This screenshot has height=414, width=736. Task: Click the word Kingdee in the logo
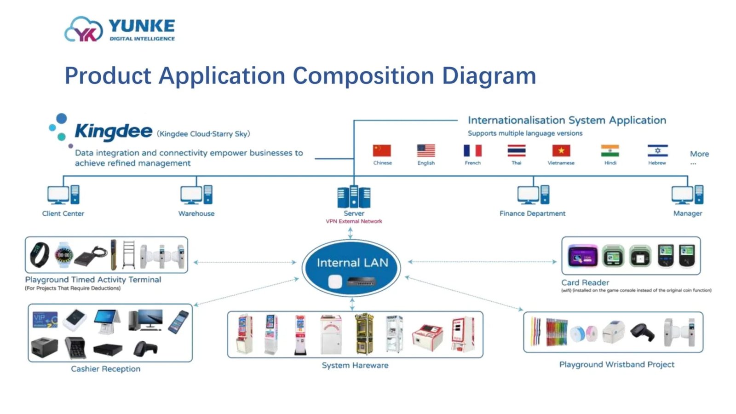(x=113, y=132)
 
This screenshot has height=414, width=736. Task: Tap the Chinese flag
(x=382, y=150)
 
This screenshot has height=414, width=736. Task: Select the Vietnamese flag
(x=561, y=150)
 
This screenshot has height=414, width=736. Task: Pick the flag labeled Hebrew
(x=657, y=150)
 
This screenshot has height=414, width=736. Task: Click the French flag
(x=472, y=150)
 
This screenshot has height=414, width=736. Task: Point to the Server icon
(x=354, y=196)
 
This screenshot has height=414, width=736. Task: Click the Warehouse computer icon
(x=196, y=195)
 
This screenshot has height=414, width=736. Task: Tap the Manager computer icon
(x=687, y=195)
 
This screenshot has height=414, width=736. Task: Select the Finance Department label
(x=532, y=213)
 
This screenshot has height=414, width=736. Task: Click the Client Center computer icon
(x=63, y=195)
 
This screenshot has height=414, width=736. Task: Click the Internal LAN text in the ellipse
(x=352, y=263)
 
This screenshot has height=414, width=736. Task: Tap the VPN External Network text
(x=354, y=221)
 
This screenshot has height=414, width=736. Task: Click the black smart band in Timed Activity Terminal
(x=40, y=254)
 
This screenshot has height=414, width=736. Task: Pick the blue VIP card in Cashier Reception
(x=45, y=319)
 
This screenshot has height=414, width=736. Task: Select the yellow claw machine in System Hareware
(x=364, y=333)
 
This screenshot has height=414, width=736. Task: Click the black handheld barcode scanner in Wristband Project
(x=642, y=332)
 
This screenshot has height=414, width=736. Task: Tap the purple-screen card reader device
(x=582, y=256)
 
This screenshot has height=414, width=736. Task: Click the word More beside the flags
(x=699, y=154)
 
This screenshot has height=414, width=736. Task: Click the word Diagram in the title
(x=489, y=76)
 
